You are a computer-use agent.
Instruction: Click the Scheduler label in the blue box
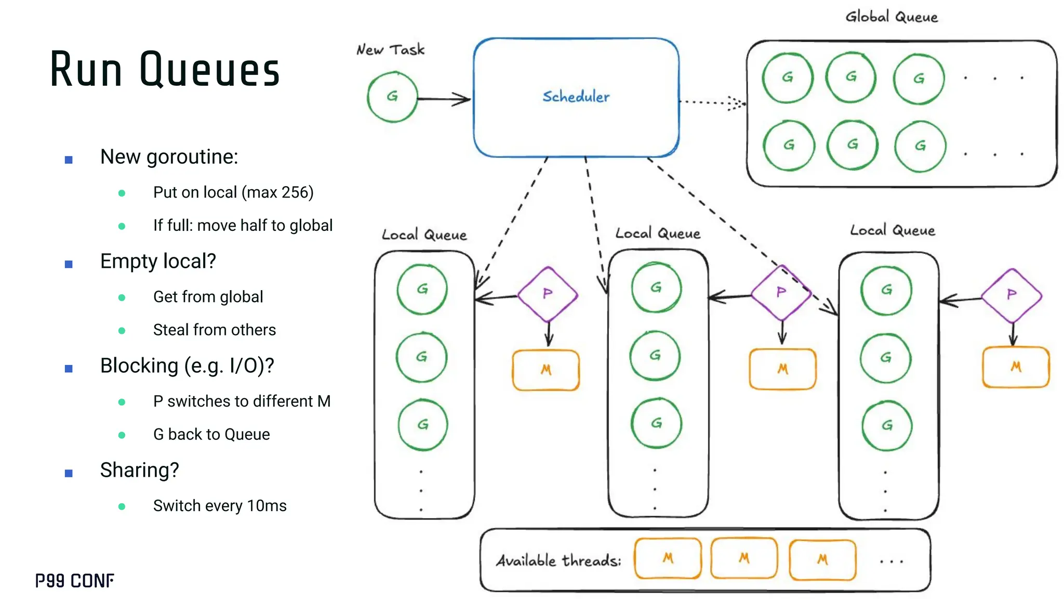(576, 97)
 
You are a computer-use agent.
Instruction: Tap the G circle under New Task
(392, 97)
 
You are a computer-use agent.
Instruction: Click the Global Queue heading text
(892, 17)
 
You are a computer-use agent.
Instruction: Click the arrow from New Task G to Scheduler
(444, 99)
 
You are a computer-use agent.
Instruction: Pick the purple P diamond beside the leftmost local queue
(548, 294)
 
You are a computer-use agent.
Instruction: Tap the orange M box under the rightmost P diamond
(1016, 367)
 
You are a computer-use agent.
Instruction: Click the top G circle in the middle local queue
(656, 288)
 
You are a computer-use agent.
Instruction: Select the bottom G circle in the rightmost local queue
(887, 425)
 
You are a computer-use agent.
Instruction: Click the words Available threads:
(558, 561)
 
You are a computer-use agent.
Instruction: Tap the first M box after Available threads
(668, 558)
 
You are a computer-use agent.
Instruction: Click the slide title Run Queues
(165, 69)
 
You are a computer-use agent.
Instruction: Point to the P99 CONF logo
(75, 580)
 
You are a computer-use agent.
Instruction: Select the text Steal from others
(214, 330)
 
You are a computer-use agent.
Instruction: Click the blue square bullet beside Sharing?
(69, 473)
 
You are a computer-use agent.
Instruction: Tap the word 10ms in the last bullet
(267, 505)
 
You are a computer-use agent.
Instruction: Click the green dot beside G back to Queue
(122, 435)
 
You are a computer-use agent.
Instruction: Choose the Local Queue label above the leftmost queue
(424, 235)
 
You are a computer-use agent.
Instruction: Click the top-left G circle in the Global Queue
(788, 77)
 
